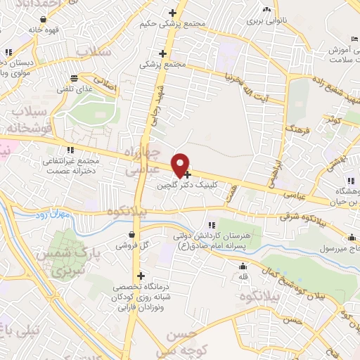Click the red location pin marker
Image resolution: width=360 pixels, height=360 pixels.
tap(181, 165)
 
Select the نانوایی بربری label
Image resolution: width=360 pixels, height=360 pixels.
tap(266, 22)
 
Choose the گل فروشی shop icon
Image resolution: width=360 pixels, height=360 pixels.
tap(132, 236)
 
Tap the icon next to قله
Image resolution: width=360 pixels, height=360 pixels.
tap(243, 266)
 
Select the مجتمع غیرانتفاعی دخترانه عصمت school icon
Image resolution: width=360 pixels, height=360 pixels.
tap(70, 148)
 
